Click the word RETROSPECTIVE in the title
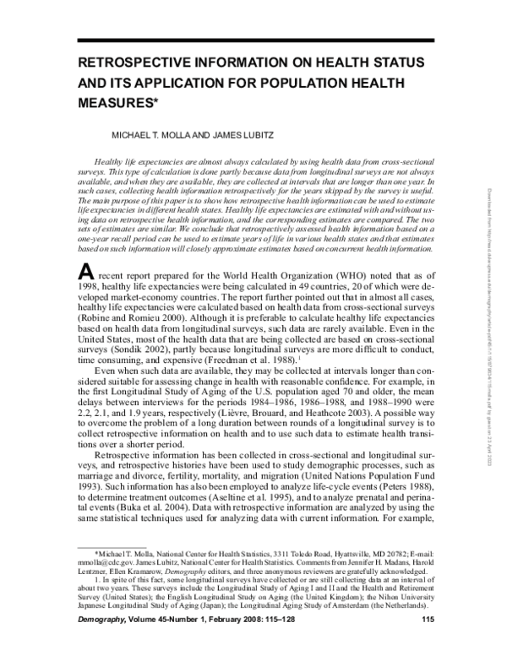(x=134, y=65)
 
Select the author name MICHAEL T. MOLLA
(x=156, y=135)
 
